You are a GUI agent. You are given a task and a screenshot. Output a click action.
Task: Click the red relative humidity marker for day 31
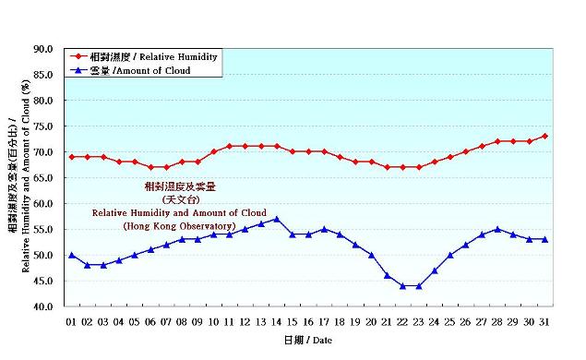click(544, 136)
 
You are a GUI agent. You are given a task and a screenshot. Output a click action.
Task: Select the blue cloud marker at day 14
click(277, 219)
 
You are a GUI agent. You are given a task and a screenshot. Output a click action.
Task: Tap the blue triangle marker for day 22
click(402, 285)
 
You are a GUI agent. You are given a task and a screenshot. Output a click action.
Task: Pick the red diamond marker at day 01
click(71, 157)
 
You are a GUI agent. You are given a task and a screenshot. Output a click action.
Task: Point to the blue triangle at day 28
click(497, 229)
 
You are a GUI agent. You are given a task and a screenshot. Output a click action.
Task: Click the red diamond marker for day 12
click(245, 146)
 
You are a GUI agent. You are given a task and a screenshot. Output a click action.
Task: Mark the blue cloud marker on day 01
click(71, 255)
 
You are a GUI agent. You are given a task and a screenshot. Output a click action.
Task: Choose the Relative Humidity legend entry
click(152, 57)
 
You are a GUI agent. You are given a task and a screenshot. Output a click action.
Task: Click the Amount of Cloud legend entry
click(140, 70)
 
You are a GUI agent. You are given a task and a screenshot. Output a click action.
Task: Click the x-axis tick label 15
click(293, 321)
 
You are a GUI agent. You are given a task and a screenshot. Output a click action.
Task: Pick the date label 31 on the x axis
click(544, 321)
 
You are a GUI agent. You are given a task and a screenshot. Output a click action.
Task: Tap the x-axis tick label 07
click(166, 321)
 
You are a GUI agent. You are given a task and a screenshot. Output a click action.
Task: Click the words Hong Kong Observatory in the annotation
click(179, 226)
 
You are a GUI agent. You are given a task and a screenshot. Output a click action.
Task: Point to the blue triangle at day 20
click(371, 255)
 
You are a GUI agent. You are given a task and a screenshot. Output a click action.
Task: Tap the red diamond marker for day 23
click(418, 167)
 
